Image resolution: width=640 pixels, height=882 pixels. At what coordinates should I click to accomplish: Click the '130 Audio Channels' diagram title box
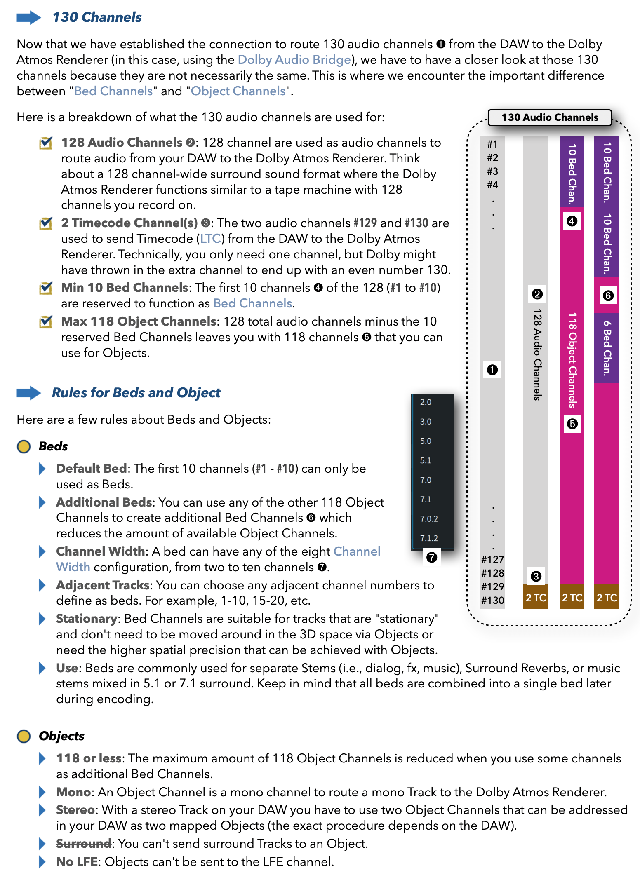549,117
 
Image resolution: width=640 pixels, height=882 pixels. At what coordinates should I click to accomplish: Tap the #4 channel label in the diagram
492,185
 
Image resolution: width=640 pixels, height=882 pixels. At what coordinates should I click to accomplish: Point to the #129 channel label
492,586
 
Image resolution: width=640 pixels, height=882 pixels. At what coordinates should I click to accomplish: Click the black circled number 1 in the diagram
492,370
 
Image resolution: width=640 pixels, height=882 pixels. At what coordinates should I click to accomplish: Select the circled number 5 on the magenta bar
572,424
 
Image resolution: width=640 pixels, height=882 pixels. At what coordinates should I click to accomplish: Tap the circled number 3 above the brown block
536,576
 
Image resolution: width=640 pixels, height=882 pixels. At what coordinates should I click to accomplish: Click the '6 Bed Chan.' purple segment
607,348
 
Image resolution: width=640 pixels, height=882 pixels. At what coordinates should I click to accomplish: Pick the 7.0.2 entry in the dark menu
429,519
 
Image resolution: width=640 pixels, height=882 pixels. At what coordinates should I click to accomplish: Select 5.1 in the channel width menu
426,460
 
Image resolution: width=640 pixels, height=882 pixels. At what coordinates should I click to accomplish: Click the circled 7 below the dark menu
431,558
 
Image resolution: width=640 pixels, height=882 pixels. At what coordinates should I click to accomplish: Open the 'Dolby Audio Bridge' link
294,60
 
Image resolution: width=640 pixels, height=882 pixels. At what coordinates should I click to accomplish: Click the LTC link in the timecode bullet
210,239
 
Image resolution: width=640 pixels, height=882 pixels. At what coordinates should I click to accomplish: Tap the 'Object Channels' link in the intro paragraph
238,91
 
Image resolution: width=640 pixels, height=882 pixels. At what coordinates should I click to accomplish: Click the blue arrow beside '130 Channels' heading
28,18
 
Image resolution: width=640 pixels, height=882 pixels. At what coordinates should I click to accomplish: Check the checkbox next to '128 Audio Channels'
45,143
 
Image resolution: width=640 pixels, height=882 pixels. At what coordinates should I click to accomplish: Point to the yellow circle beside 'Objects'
24,736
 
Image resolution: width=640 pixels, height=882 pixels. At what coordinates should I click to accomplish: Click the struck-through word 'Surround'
84,844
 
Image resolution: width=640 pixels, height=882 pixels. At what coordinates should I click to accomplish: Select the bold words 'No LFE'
77,862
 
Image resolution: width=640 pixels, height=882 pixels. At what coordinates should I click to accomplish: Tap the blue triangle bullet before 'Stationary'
42,619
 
